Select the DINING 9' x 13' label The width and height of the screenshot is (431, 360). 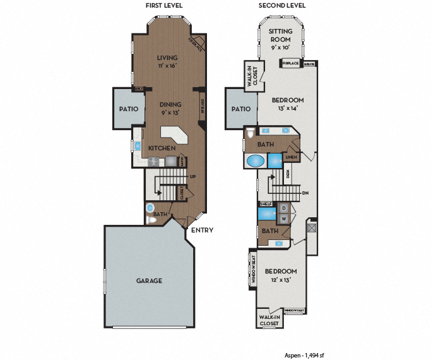coord(170,108)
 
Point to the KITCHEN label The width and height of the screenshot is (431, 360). coord(162,148)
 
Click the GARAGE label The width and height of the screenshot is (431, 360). coord(150,280)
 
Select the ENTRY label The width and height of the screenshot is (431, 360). coord(203,231)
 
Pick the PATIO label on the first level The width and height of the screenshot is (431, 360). coord(128,109)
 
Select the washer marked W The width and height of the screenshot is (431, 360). coord(284,219)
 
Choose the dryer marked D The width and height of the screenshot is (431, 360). coord(284,208)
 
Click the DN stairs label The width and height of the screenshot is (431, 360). coord(305,193)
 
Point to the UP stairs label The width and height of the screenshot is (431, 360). coord(192,177)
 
